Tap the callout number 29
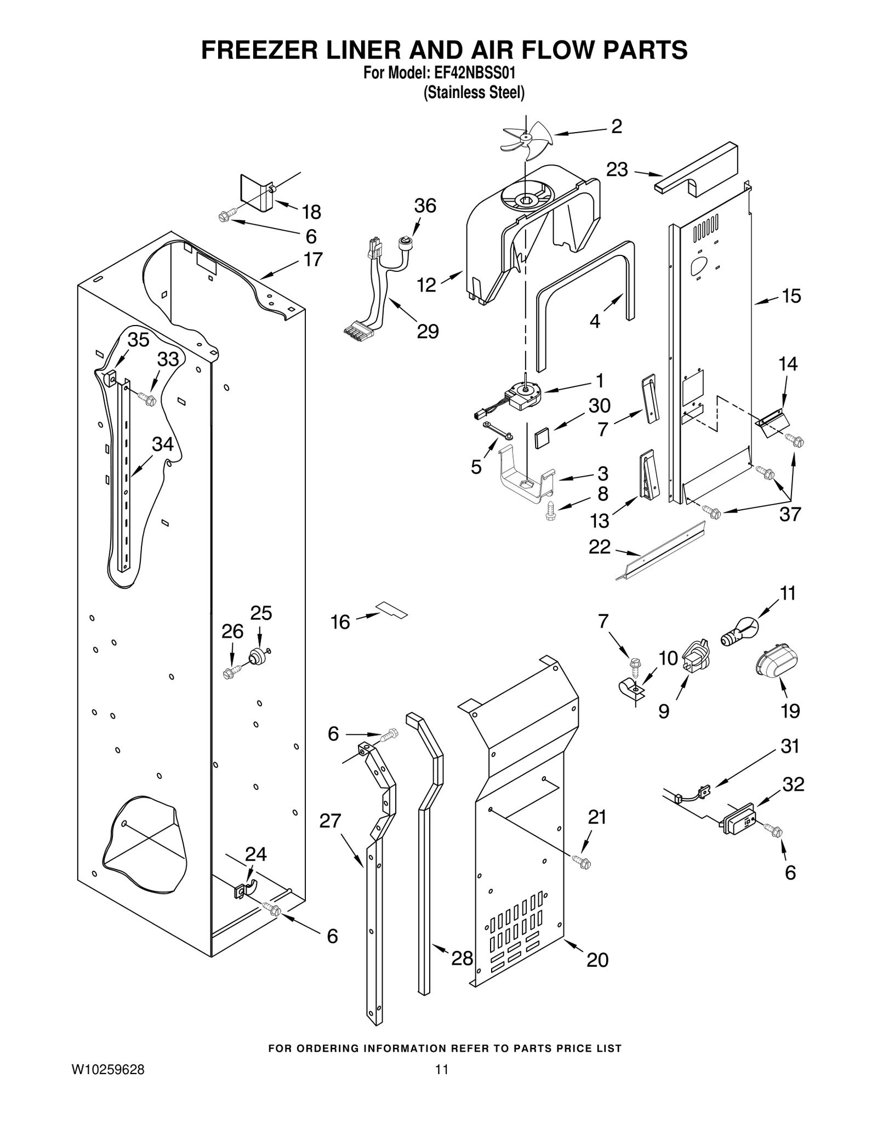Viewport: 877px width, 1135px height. click(428, 331)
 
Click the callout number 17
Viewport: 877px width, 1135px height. click(313, 259)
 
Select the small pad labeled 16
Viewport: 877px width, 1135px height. click(392, 609)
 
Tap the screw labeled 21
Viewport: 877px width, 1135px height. click(582, 863)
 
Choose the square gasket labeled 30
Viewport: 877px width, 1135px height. click(543, 438)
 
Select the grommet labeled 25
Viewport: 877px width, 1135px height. click(257, 657)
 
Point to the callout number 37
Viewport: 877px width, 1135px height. click(790, 514)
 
